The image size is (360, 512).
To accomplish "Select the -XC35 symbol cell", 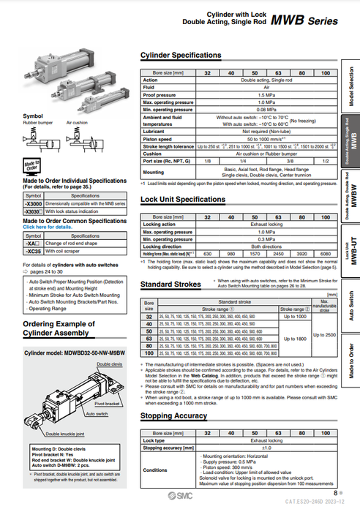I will tap(33, 250).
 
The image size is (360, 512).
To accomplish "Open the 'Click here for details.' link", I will tap(48, 227).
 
